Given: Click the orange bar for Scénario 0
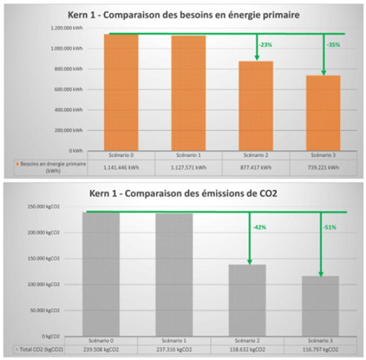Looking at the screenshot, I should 121,92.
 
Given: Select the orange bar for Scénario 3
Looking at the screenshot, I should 323,113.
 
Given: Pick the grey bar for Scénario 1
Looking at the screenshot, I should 174,275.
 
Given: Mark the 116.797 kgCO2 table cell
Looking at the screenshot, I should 321,349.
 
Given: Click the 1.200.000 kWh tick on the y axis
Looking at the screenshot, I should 68,28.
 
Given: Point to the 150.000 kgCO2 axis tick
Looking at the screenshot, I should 48,258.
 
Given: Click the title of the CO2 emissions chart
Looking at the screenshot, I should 184,194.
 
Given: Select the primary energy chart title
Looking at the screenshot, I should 183,15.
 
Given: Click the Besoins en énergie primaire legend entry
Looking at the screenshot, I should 52,167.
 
